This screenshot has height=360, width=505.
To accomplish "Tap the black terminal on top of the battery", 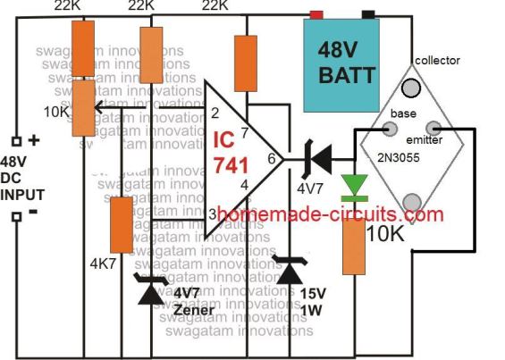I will coord(367,14).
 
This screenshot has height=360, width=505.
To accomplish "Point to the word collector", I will coord(437,61).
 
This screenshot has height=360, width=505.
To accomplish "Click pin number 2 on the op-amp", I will coord(215,113).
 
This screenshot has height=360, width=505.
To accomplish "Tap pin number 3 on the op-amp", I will coord(213,213).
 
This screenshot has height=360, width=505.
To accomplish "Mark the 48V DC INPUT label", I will coord(27,178).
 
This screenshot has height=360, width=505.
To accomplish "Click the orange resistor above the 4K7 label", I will coord(121,224).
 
